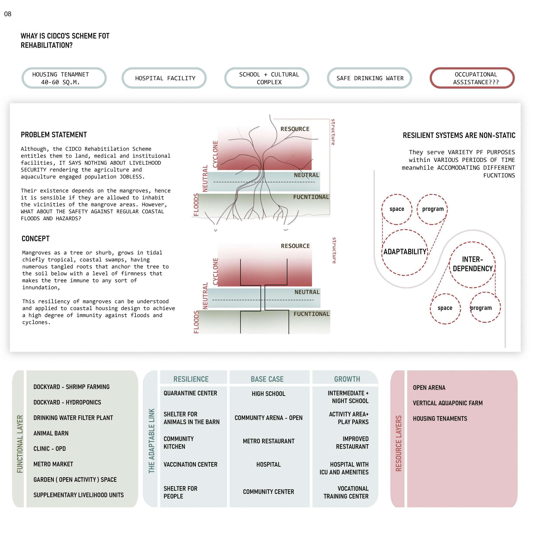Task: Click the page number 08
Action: click(8, 14)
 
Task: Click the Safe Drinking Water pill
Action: click(370, 78)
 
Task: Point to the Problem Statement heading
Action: click(54, 135)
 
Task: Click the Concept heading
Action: click(36, 239)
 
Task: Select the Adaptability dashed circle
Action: click(405, 252)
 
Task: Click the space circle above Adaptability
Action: click(397, 209)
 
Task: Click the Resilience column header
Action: click(191, 379)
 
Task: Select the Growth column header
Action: click(347, 379)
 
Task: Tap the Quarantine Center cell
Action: click(190, 393)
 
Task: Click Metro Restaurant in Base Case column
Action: click(269, 441)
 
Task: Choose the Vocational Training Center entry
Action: click(346, 492)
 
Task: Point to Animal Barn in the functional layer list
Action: click(51, 433)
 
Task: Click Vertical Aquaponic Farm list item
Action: click(447, 403)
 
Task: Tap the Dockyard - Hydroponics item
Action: click(67, 402)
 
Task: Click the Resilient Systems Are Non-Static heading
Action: click(459, 136)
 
